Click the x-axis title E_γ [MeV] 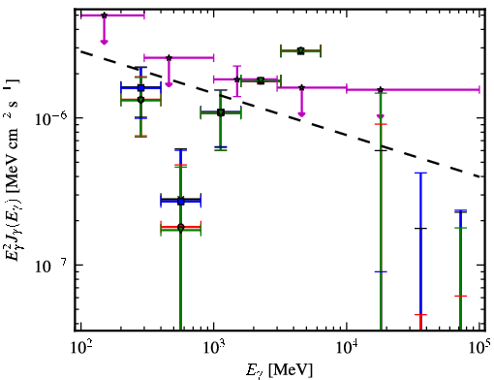point(279,370)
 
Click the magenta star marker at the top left point(104,16)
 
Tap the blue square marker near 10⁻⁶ point(140,87)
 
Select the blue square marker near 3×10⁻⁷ point(181,202)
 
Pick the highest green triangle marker point(301,50)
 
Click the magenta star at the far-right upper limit point(381,89)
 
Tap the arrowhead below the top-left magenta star point(104,42)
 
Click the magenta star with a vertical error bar point(237,79)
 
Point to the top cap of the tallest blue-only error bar point(420,174)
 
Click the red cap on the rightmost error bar point(460,296)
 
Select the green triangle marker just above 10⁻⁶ point(221,112)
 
